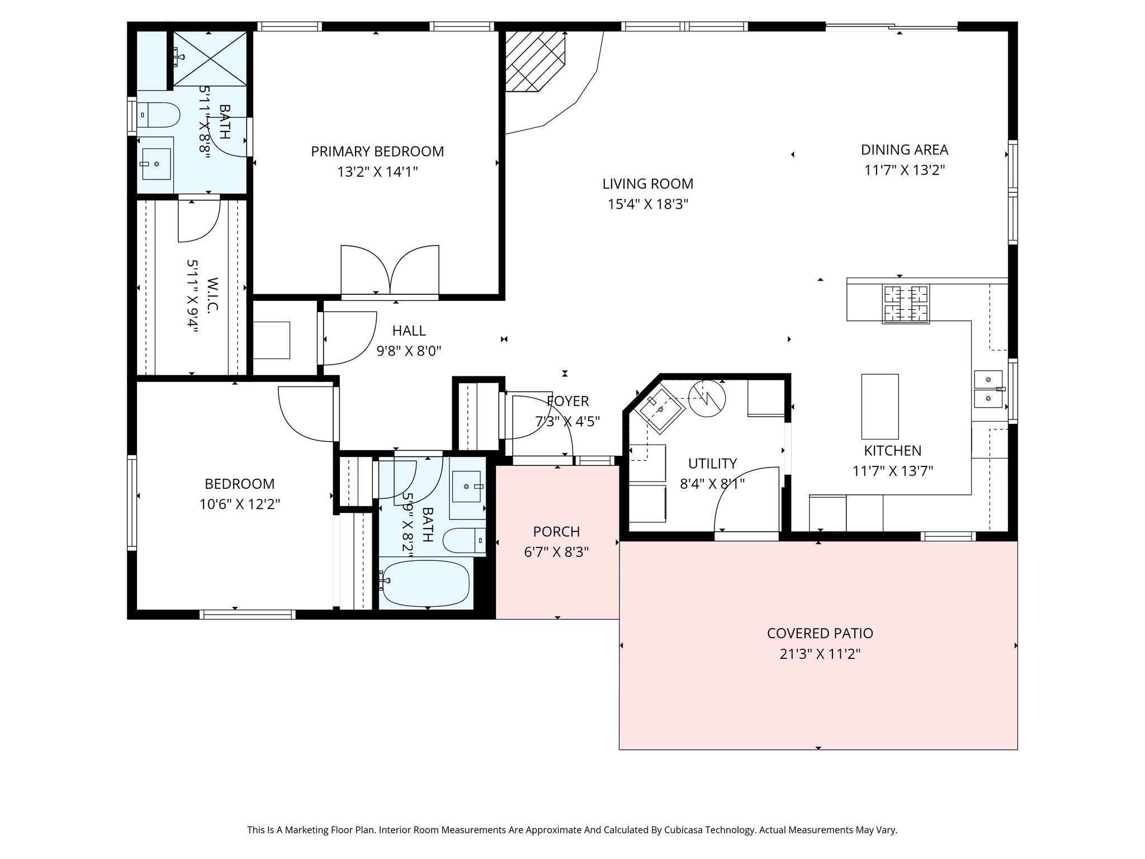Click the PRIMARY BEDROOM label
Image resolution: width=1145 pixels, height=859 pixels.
click(377, 152)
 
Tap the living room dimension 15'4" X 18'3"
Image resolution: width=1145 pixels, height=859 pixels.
click(647, 204)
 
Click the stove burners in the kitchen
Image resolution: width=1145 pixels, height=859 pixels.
click(905, 304)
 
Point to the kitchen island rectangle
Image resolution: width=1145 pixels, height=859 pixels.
click(879, 407)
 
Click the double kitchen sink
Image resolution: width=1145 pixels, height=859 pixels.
click(989, 389)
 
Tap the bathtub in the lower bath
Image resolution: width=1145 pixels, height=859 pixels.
click(426, 584)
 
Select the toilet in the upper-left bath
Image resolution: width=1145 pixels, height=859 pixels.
click(159, 116)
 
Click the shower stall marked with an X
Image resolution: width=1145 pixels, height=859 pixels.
click(210, 59)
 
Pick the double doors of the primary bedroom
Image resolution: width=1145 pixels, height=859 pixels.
click(390, 270)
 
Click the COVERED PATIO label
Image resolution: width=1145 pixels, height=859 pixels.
click(820, 633)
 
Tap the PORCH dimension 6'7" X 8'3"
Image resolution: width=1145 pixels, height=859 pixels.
click(556, 553)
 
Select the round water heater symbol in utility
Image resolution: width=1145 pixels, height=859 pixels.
click(707, 398)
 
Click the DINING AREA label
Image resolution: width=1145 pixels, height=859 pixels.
click(904, 150)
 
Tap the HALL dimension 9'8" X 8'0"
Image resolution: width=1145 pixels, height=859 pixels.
click(409, 351)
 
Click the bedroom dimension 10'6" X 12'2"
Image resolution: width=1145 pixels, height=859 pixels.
click(239, 504)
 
